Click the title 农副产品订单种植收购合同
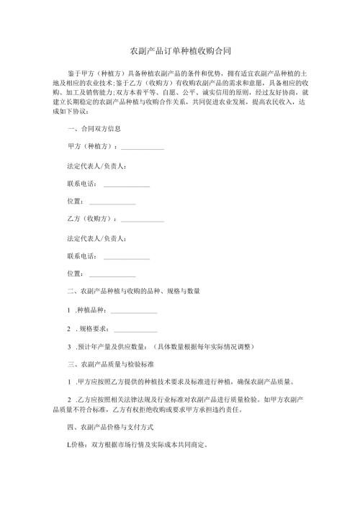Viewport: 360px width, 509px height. (179, 51)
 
